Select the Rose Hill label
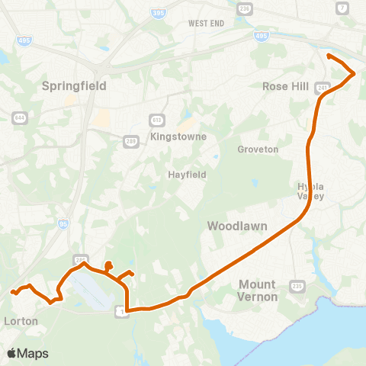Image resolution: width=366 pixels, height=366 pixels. click(285, 86)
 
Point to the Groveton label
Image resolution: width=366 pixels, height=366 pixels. click(258, 149)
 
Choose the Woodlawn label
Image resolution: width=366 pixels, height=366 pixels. click(235, 226)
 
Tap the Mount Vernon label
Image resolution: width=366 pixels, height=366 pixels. click(258, 290)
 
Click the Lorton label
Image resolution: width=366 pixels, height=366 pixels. click(21, 321)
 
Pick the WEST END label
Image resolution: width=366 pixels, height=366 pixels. click(206, 24)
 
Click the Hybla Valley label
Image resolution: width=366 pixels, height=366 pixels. click(311, 191)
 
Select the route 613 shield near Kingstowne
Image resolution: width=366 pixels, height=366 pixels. click(156, 120)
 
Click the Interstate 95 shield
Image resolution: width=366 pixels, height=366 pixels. click(63, 224)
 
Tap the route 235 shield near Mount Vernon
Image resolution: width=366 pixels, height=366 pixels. click(297, 285)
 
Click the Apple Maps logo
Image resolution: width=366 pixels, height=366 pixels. click(27, 353)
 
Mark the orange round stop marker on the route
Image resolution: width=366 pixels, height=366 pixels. click(108, 265)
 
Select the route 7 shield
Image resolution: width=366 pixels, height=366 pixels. click(341, 8)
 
